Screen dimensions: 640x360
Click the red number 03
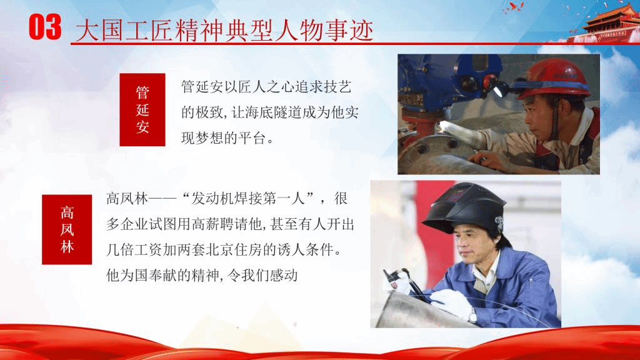pyautogui.click(x=45, y=27)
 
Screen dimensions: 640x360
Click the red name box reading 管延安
pyautogui.click(x=142, y=109)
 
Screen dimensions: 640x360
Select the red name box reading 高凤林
pyautogui.click(x=67, y=229)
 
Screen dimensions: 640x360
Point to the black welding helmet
pyautogui.click(x=465, y=209)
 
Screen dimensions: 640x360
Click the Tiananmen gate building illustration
pyautogui.click(x=605, y=24)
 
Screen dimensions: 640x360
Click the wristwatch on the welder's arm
pyautogui.click(x=472, y=316)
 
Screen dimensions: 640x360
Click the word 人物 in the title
pyautogui.click(x=298, y=30)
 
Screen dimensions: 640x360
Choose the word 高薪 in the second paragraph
pyautogui.click(x=205, y=224)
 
